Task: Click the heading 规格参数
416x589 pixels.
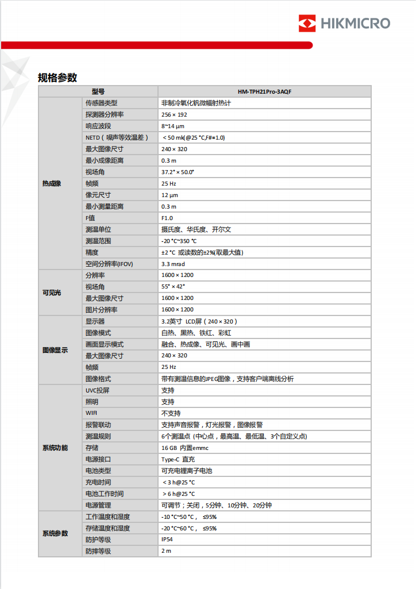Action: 57,78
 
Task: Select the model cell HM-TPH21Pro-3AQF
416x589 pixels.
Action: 264,91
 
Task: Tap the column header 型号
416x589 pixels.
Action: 98,91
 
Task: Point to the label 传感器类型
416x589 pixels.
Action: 101,103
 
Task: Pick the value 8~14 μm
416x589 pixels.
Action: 172,126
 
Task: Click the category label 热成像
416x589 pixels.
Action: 52,183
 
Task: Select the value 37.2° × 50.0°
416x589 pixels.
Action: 178,172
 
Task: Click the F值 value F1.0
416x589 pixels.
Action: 167,218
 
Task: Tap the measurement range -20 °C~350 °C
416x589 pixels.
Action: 179,241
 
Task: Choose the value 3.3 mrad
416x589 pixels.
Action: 173,264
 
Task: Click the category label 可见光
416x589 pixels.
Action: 52,292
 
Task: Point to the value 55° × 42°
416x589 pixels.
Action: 173,287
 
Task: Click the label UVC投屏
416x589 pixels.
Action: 98,390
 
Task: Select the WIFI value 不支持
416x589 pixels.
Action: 171,413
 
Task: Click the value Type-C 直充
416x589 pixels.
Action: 178,459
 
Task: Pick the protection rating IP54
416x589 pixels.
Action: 167,540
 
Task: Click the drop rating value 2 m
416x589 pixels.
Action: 166,551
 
